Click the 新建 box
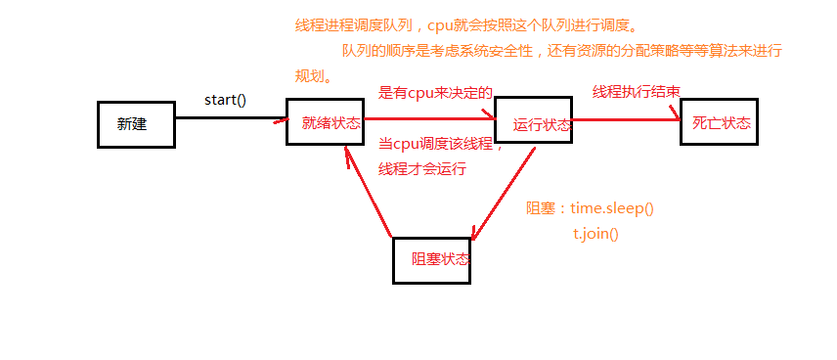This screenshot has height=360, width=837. click(x=136, y=123)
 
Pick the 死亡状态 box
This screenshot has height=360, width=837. click(x=719, y=122)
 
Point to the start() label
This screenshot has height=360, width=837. click(x=225, y=101)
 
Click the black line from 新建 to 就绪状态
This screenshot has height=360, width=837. click(x=231, y=119)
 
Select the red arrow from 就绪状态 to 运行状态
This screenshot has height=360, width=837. click(x=430, y=121)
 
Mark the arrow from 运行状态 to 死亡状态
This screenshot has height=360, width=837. click(x=626, y=119)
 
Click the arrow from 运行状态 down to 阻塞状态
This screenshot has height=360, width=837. click(x=504, y=192)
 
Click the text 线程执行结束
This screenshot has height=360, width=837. click(x=636, y=92)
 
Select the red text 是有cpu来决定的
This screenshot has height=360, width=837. click(x=435, y=93)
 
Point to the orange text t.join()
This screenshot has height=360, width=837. click(x=596, y=234)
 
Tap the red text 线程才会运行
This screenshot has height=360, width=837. click(x=422, y=168)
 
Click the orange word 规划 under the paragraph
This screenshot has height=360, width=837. click(x=312, y=75)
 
